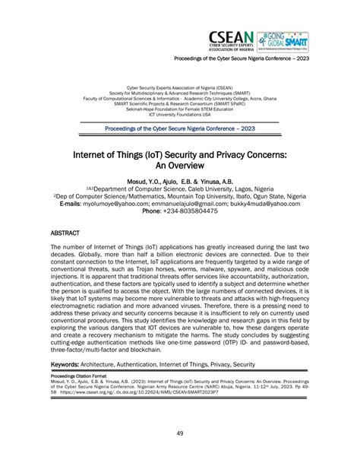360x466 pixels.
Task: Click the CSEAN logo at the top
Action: click(x=230, y=39)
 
